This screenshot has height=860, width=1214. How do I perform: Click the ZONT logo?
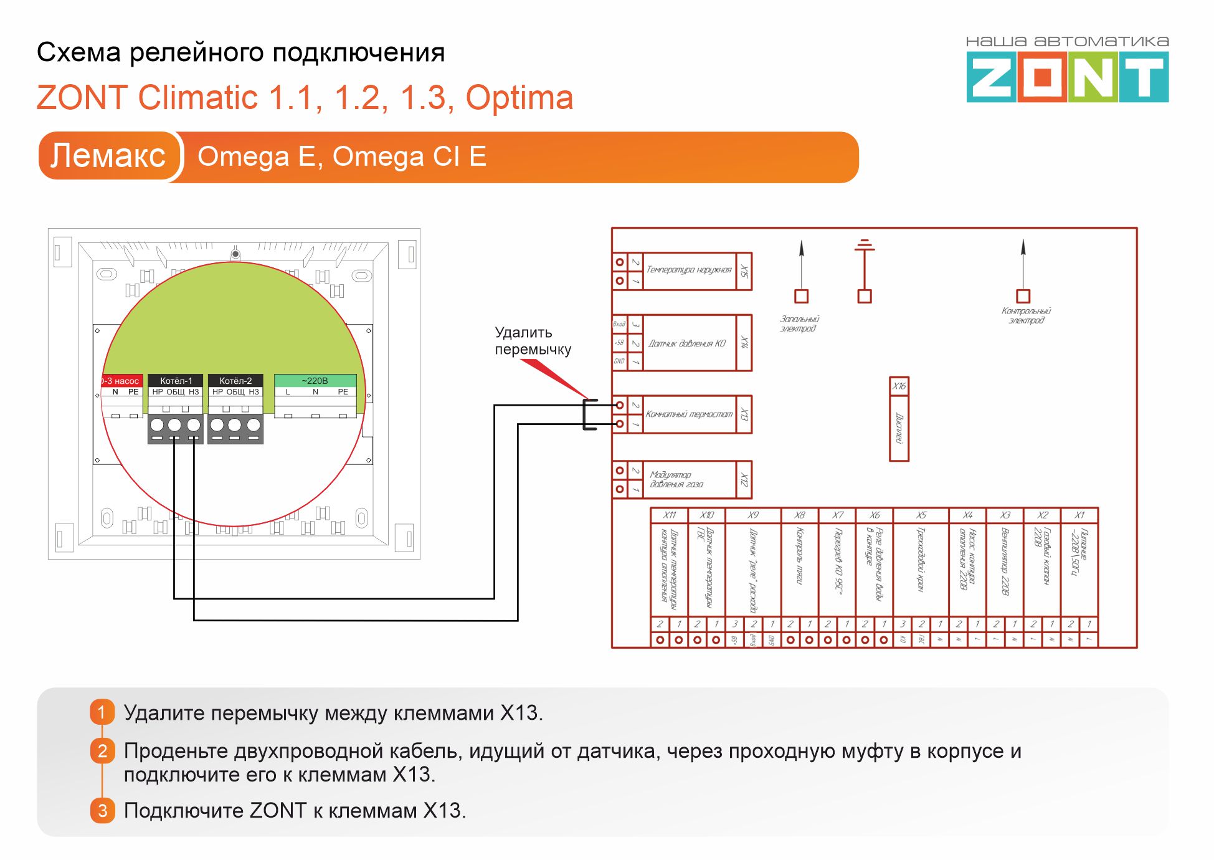click(1067, 77)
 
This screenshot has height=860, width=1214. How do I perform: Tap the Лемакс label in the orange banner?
click(108, 156)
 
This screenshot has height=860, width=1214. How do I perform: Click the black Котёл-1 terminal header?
click(176, 380)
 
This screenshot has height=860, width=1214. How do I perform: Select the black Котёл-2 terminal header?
click(235, 380)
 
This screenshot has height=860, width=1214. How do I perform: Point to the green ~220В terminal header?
click(315, 380)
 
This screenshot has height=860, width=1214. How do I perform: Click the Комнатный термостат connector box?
click(689, 414)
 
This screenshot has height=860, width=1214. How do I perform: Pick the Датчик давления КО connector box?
click(688, 343)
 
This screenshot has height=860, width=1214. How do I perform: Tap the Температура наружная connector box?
click(689, 270)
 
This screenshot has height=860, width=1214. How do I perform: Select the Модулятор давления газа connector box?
click(689, 479)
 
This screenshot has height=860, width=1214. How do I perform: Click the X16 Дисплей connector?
click(899, 419)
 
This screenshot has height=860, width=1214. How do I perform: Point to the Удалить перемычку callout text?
click(533, 341)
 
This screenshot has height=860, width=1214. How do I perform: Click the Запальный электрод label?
click(799, 323)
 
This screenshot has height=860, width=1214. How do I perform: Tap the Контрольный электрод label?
click(1026, 315)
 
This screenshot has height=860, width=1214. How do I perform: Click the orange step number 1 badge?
click(102, 712)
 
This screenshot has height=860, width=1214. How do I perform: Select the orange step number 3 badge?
click(102, 810)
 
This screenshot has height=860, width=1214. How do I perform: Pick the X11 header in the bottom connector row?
click(670, 515)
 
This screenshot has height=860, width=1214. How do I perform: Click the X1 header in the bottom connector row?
click(1079, 515)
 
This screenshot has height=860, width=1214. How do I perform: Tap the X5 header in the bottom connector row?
click(921, 515)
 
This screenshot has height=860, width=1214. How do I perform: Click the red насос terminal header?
click(122, 380)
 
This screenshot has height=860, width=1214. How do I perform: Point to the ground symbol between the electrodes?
click(865, 246)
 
